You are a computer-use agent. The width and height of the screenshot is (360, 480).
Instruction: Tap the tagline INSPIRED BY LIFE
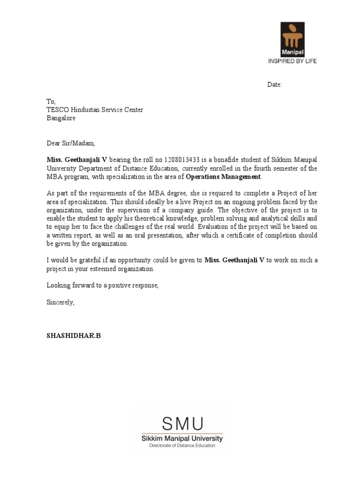pos(292,61)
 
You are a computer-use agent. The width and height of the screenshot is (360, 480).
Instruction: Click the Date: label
pos(275,85)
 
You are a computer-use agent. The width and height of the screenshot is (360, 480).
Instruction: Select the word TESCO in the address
pos(56,110)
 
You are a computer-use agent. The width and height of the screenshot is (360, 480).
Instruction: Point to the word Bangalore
pos(61,118)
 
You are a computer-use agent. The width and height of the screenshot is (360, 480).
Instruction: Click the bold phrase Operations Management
pos(223,177)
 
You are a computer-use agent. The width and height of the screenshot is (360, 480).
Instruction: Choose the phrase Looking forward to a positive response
pos(103,285)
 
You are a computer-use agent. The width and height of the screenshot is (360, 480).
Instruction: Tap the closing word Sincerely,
pos(60,302)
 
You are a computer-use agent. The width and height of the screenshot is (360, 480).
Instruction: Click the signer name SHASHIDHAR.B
pos(74,336)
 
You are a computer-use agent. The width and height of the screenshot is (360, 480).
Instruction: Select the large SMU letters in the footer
pos(182,424)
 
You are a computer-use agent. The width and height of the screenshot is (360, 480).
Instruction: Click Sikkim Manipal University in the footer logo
pos(182,439)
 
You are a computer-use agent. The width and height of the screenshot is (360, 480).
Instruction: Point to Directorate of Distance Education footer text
pos(182,446)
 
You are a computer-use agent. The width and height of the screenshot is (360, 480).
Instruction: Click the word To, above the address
pos(51,101)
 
